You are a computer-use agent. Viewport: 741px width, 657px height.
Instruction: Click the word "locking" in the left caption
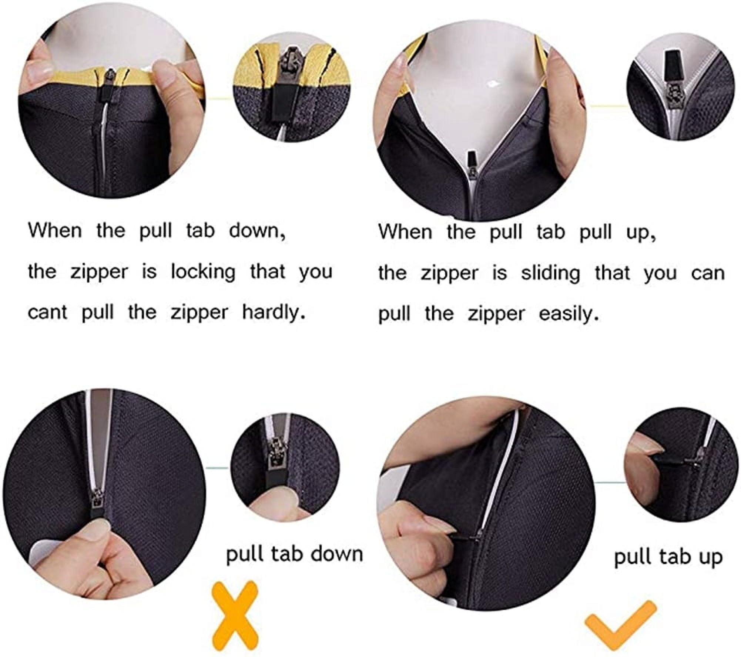[203, 272]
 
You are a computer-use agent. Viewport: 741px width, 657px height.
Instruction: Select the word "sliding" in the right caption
[550, 274]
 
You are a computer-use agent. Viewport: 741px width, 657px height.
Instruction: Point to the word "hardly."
[274, 312]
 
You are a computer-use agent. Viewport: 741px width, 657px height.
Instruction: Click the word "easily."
[568, 314]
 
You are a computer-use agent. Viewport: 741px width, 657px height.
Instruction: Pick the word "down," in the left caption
[258, 231]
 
